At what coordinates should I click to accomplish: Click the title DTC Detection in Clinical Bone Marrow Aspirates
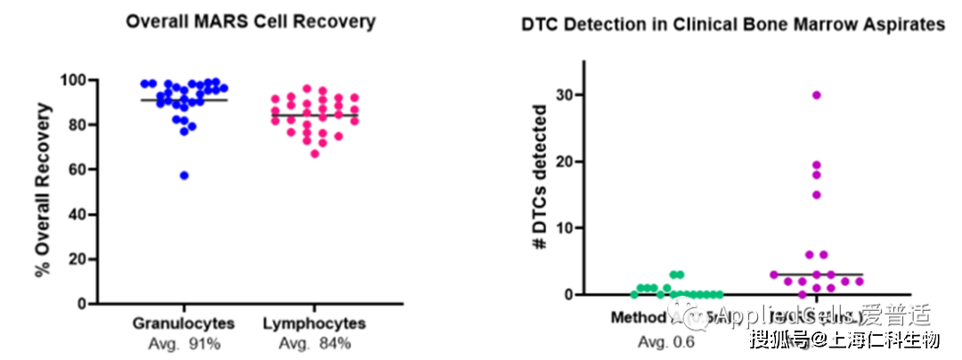point(732,25)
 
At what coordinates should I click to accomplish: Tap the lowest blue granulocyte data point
point(184,176)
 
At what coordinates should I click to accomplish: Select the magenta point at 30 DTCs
point(816,94)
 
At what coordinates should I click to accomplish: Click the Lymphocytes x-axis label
point(314,322)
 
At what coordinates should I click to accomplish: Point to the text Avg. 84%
point(314,342)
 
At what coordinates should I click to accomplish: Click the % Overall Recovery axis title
point(43,191)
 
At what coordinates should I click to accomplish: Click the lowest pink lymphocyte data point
point(315,154)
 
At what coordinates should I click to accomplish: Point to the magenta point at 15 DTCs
point(816,194)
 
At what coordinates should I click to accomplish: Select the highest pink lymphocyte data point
point(307,89)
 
